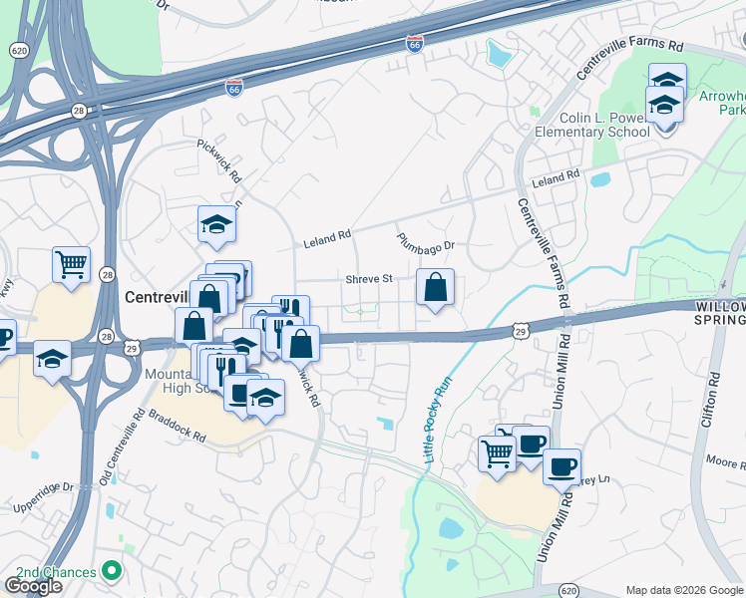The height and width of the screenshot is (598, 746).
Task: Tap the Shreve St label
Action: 369,280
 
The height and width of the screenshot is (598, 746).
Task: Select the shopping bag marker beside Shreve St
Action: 435,289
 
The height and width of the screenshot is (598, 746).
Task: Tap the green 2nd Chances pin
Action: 112,572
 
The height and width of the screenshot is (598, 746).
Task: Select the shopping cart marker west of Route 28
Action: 71,266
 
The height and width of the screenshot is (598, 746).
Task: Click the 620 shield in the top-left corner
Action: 18,49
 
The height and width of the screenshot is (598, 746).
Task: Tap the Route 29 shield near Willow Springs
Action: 521,328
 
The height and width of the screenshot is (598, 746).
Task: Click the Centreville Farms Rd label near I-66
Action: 630,60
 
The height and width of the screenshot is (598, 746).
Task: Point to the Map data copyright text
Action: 684,590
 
